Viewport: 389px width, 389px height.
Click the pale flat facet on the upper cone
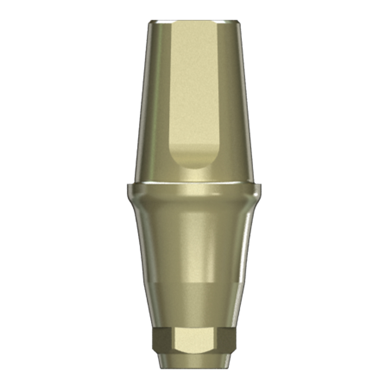click(x=194, y=90)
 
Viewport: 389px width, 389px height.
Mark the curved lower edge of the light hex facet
click(x=194, y=352)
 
